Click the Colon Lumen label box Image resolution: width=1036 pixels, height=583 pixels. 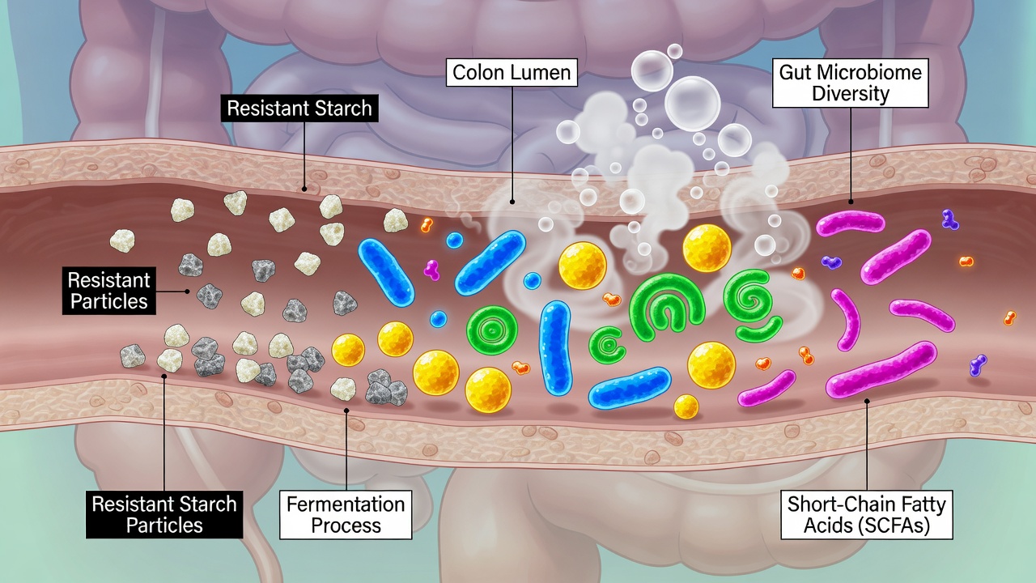point(512,72)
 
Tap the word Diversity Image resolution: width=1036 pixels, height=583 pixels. point(851,93)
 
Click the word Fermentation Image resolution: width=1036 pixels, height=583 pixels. point(346,504)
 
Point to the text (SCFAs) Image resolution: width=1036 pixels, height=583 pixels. point(891,526)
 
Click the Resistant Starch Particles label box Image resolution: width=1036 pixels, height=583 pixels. point(164,514)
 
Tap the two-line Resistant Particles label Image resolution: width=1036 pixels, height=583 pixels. point(109,291)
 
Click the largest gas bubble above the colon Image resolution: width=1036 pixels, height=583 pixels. point(692,103)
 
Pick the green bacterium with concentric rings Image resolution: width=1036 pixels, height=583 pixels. point(491,330)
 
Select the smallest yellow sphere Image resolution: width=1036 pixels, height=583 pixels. point(686,406)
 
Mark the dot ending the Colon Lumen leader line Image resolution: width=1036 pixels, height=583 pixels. point(512,202)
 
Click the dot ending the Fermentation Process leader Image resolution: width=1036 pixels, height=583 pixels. point(346,410)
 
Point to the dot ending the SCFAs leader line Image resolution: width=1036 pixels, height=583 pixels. point(866,401)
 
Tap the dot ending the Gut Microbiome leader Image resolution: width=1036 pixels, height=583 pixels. point(851,202)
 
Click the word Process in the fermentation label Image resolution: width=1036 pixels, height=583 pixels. point(346,526)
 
